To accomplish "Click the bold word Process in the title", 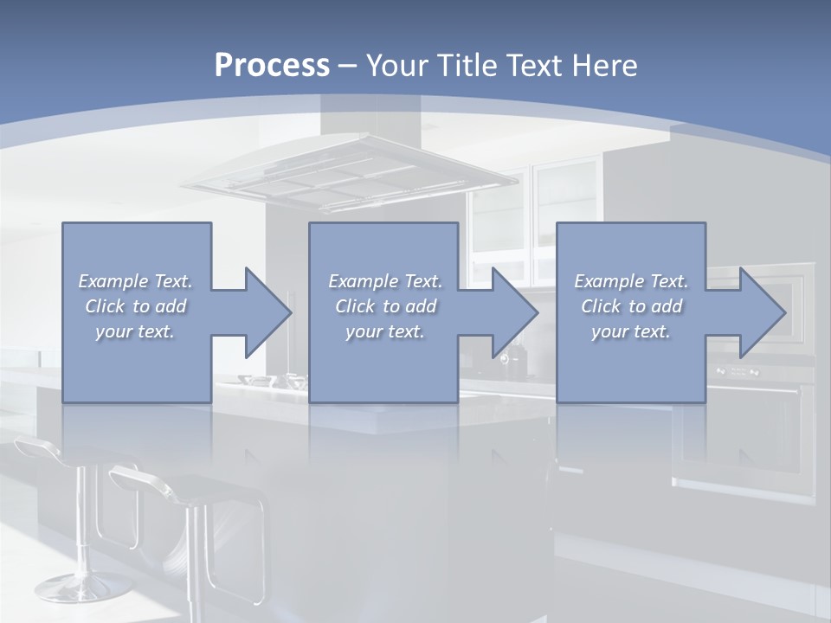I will pos(272,66).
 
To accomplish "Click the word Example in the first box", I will pos(113,281).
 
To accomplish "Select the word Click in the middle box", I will pos(353,306).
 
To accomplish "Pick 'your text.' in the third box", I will pos(631,331).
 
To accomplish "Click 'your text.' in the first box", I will pos(136,331).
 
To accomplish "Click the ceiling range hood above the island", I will pos(351,177).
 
